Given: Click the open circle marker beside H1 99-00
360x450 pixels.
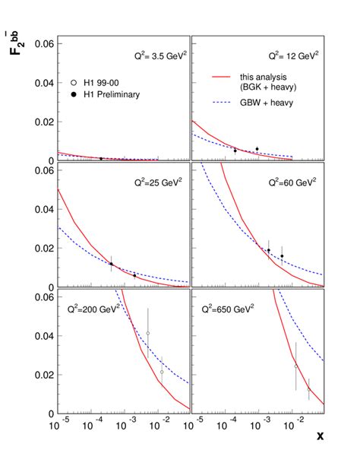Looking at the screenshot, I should pos(73,82).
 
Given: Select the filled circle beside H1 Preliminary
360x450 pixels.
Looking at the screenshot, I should pos(73,94).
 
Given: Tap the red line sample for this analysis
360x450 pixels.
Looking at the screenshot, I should pos(223,77).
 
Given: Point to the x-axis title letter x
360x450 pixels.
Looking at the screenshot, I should pos(320,436).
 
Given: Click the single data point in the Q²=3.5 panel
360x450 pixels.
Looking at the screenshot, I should pos(101,158).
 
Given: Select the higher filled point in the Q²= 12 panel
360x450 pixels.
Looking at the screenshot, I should pos(257,149).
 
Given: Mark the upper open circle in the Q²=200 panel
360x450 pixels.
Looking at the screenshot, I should pos(148,333).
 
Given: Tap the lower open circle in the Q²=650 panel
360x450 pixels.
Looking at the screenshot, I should pos(308,389).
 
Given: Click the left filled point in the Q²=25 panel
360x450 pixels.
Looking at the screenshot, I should pos(112,264).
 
